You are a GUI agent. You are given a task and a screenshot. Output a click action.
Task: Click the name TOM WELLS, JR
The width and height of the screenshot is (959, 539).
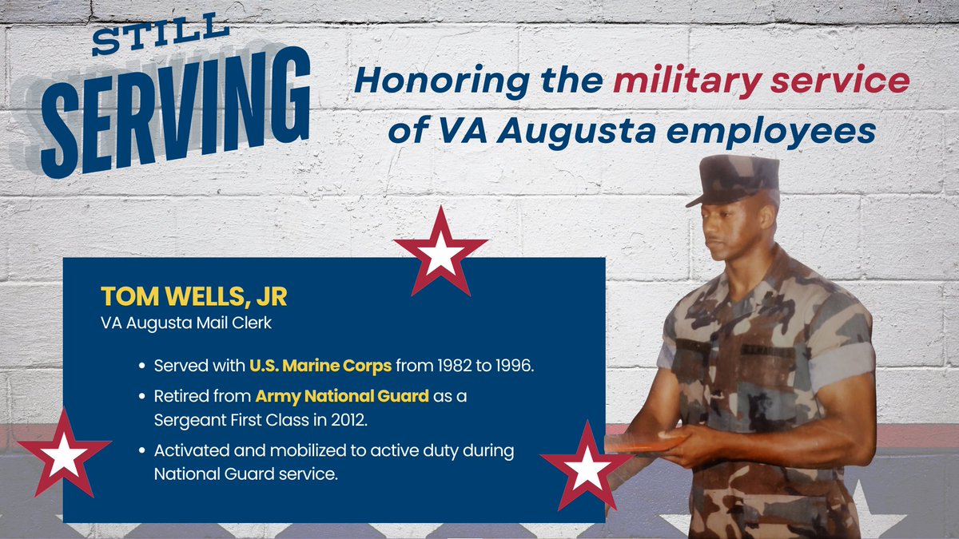[193, 295]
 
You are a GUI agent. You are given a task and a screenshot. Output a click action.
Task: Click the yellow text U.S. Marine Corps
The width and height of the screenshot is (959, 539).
[320, 367]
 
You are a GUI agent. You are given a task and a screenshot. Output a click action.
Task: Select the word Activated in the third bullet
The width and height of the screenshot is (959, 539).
[191, 451]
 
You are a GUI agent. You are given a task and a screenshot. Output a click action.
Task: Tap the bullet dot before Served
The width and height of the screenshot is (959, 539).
[141, 367]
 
